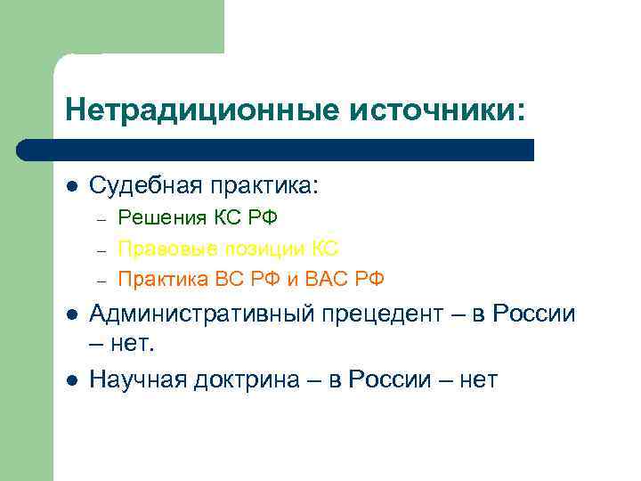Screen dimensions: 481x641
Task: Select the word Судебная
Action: [x=145, y=186]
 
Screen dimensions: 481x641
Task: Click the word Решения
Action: [x=162, y=218]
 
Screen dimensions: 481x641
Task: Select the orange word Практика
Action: [x=164, y=279]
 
